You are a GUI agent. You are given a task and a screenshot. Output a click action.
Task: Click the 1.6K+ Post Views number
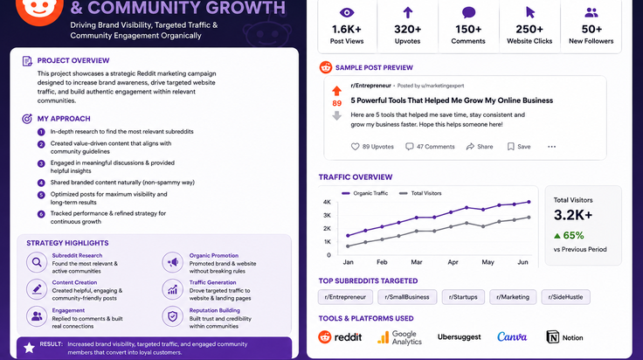347,29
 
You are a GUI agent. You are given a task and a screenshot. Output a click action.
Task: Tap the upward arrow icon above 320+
408,13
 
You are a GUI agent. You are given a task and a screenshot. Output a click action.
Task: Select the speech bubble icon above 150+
468,13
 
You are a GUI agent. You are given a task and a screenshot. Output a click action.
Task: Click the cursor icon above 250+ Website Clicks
529,13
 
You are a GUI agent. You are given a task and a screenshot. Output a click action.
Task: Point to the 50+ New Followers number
591,29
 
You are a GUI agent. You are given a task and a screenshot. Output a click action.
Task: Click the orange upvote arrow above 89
336,91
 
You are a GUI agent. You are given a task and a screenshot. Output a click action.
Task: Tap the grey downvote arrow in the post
336,115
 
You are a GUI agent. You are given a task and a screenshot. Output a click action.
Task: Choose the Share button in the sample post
480,147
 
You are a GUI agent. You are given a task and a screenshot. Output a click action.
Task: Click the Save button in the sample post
519,147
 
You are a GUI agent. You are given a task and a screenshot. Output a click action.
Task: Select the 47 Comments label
430,147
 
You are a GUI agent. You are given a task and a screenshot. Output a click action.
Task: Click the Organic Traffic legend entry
364,193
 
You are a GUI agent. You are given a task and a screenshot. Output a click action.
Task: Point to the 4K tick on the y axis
327,202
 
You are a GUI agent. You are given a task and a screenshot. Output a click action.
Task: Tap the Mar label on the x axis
417,262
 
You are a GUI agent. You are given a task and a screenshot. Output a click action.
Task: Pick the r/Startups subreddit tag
463,297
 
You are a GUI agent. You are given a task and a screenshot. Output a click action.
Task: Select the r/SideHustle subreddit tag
565,297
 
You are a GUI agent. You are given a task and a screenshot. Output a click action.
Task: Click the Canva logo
512,337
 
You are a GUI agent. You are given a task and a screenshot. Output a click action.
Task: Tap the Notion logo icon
552,337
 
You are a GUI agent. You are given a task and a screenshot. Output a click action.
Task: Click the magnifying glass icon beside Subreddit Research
37,262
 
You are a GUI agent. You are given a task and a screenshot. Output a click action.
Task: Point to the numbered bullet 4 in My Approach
41,183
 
